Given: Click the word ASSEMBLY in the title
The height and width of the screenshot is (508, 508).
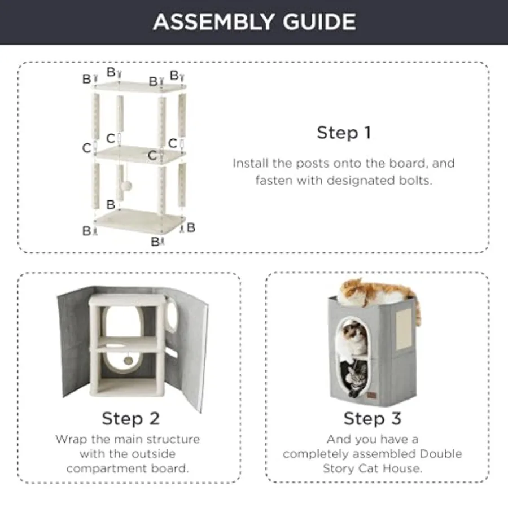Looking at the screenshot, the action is click(x=214, y=21).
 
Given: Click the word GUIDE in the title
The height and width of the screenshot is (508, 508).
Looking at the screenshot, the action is click(x=319, y=21).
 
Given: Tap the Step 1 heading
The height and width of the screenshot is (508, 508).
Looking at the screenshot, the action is click(x=344, y=133).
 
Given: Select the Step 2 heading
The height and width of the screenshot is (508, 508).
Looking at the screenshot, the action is click(x=130, y=418).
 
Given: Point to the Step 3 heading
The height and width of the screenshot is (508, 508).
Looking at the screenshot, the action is click(x=373, y=418).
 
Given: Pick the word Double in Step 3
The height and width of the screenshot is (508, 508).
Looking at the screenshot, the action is click(x=440, y=454).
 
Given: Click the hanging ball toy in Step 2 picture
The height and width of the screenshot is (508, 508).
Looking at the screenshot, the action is click(x=128, y=360).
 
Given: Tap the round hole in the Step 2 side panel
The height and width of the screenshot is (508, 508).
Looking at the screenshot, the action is click(x=172, y=314).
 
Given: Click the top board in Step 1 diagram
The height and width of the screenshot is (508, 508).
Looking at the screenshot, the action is click(x=140, y=86).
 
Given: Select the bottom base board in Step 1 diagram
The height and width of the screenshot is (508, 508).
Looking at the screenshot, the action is click(x=140, y=220).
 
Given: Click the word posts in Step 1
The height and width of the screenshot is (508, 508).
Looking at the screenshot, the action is click(x=309, y=163).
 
